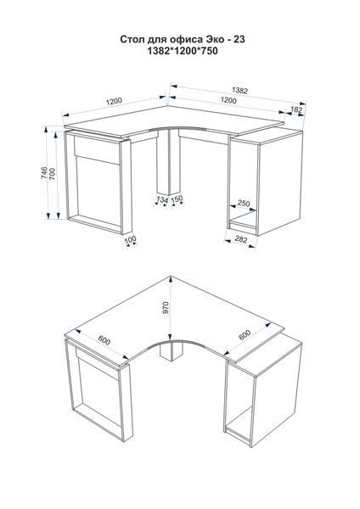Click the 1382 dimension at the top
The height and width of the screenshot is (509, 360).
tap(239, 90)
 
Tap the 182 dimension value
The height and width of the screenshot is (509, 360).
tap(296, 110)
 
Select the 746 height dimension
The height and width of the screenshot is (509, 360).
tap(44, 173)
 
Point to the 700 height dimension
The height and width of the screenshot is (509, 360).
tap(53, 175)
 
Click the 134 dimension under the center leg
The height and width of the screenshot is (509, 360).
tap(162, 199)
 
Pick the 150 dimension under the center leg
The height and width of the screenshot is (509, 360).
tap(177, 199)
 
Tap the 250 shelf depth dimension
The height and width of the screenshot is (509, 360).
tap(244, 204)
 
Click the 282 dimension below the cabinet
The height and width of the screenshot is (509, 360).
tap(241, 240)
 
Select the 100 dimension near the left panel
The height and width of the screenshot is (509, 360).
tap(130, 239)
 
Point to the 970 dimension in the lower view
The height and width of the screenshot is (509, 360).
tap(166, 307)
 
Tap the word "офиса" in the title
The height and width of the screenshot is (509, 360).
tap(188, 40)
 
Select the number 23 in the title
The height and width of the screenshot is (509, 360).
tap(239, 39)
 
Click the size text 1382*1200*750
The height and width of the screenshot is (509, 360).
tap(183, 51)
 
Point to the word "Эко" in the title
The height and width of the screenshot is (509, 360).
tap(215, 40)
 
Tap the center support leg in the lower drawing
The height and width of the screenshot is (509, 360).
tap(172, 352)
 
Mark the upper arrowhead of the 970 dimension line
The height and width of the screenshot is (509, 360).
tap(171, 278)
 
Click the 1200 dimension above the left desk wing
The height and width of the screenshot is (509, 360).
tap(114, 101)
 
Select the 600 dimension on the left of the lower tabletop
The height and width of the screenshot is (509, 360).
tap(104, 340)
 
